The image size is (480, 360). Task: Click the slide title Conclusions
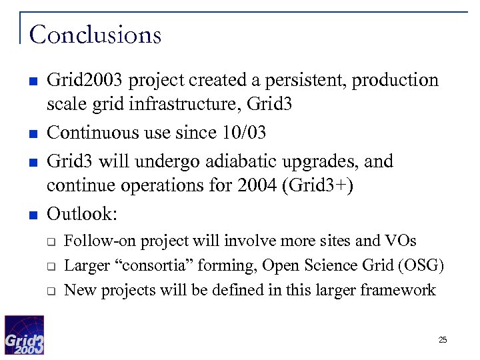[x=95, y=34]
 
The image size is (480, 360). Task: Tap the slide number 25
[x=443, y=340]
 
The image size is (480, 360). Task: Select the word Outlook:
[x=82, y=214]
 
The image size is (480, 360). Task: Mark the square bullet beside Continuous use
[x=31, y=134]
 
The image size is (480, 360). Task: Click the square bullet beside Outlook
[x=31, y=215]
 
